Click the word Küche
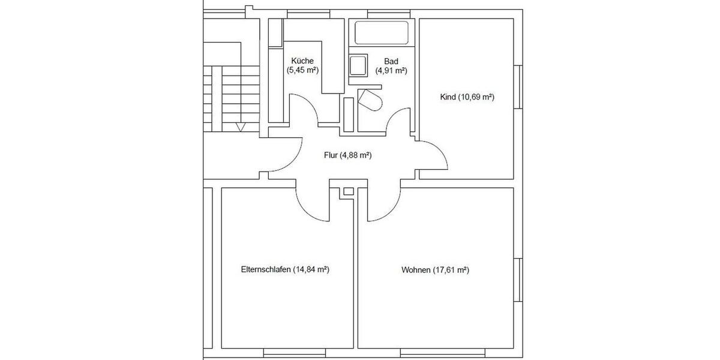[x=302, y=61]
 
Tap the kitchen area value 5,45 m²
[x=302, y=70]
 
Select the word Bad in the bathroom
[x=391, y=61]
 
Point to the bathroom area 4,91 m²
[x=391, y=70]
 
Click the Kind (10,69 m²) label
[x=467, y=97]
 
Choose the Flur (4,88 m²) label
[x=347, y=155]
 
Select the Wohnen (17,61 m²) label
[x=435, y=270]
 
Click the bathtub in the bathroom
[x=382, y=32]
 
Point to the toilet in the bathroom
[x=371, y=100]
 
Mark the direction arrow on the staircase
[x=241, y=127]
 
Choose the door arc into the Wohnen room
[x=384, y=204]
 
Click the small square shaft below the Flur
[x=347, y=192]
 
